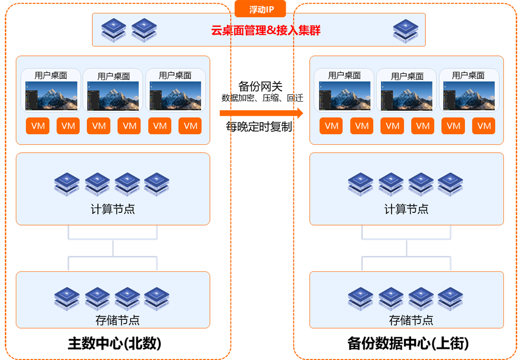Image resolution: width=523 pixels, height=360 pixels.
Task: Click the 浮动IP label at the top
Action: [261, 10]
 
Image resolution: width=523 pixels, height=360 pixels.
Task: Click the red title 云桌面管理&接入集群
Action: [266, 30]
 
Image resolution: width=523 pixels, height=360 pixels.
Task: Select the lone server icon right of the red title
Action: [405, 30]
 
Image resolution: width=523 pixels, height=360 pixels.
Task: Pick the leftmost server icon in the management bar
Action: [114, 29]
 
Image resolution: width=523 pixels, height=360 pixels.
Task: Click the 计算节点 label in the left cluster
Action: [113, 210]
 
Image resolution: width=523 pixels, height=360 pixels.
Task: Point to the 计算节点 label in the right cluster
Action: [406, 210]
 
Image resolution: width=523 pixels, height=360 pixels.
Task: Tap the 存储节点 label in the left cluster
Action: [113, 320]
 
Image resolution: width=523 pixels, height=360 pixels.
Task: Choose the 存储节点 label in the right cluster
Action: [406, 320]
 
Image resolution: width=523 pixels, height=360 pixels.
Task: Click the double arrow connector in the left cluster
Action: [113, 248]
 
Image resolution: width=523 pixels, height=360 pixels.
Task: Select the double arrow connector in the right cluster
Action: [406, 248]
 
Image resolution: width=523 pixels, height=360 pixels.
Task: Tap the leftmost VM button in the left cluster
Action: [38, 126]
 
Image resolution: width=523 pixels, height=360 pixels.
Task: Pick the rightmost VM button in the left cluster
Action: [190, 126]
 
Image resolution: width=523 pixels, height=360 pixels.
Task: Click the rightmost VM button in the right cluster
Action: [484, 126]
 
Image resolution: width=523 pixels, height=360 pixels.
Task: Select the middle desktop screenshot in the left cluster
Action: [113, 95]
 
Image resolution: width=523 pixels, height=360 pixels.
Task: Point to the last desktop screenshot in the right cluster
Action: [468, 95]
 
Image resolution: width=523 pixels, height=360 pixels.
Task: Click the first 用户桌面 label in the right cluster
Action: [344, 75]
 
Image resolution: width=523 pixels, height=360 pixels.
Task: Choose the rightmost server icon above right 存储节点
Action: [450, 299]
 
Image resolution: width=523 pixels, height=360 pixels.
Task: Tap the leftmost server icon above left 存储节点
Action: [67, 299]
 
